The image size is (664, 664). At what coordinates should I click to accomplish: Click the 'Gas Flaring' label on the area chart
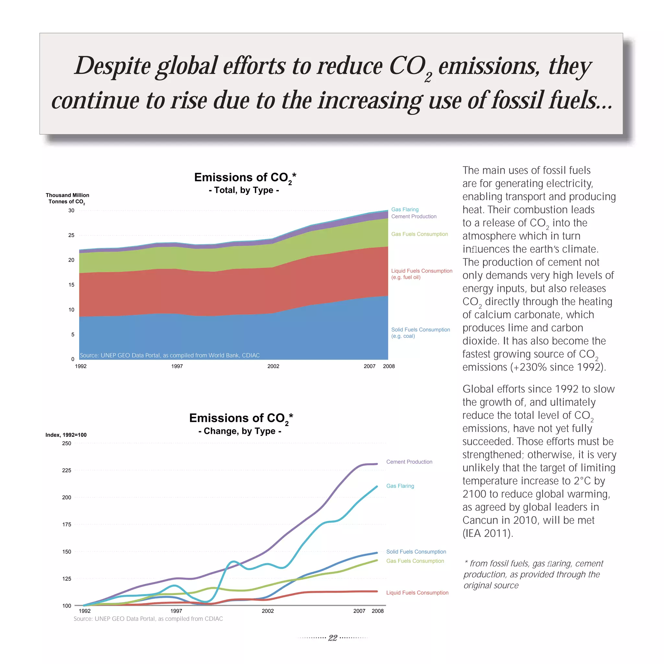pyautogui.click(x=405, y=209)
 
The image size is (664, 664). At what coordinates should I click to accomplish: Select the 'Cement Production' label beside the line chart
pyautogui.click(x=409, y=462)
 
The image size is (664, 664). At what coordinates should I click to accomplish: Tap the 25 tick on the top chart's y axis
pyautogui.click(x=71, y=235)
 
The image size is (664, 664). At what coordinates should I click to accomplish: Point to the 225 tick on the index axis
pyautogui.click(x=67, y=470)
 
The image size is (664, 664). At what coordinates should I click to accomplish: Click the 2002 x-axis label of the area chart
pyautogui.click(x=273, y=366)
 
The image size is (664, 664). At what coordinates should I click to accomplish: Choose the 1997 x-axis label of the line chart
pyautogui.click(x=176, y=611)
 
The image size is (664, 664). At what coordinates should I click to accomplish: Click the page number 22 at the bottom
pyautogui.click(x=332, y=638)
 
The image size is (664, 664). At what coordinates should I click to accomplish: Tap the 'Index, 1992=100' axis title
pyautogui.click(x=66, y=435)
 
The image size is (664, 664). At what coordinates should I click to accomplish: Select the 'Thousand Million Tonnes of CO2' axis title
pyautogui.click(x=67, y=198)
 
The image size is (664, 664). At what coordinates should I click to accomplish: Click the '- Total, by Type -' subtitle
pyautogui.click(x=244, y=190)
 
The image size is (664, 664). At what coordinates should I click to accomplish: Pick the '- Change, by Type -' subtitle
pyautogui.click(x=240, y=431)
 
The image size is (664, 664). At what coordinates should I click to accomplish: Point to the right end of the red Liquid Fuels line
pyautogui.click(x=377, y=591)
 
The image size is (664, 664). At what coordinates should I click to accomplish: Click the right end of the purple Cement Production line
pyautogui.click(x=377, y=464)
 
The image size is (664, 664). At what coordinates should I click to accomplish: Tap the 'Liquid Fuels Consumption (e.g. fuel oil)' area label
pyautogui.click(x=421, y=274)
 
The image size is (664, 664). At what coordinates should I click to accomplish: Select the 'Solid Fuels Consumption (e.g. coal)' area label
pyautogui.click(x=420, y=333)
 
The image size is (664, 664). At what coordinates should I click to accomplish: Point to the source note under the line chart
pyautogui.click(x=148, y=619)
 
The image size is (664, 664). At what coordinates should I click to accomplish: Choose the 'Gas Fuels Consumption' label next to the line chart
pyautogui.click(x=415, y=561)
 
